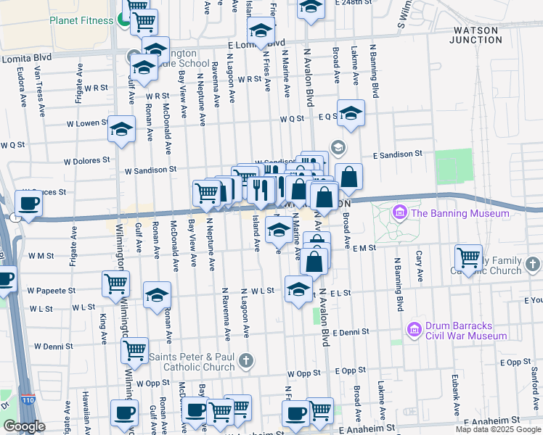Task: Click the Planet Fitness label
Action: click(x=80, y=20)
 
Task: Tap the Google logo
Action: click(x=24, y=426)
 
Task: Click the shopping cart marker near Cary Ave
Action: click(x=468, y=257)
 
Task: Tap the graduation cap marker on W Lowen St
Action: click(x=121, y=129)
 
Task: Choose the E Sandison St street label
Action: click(x=397, y=154)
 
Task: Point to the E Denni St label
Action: click(x=359, y=331)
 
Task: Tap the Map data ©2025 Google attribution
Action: click(x=498, y=429)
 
